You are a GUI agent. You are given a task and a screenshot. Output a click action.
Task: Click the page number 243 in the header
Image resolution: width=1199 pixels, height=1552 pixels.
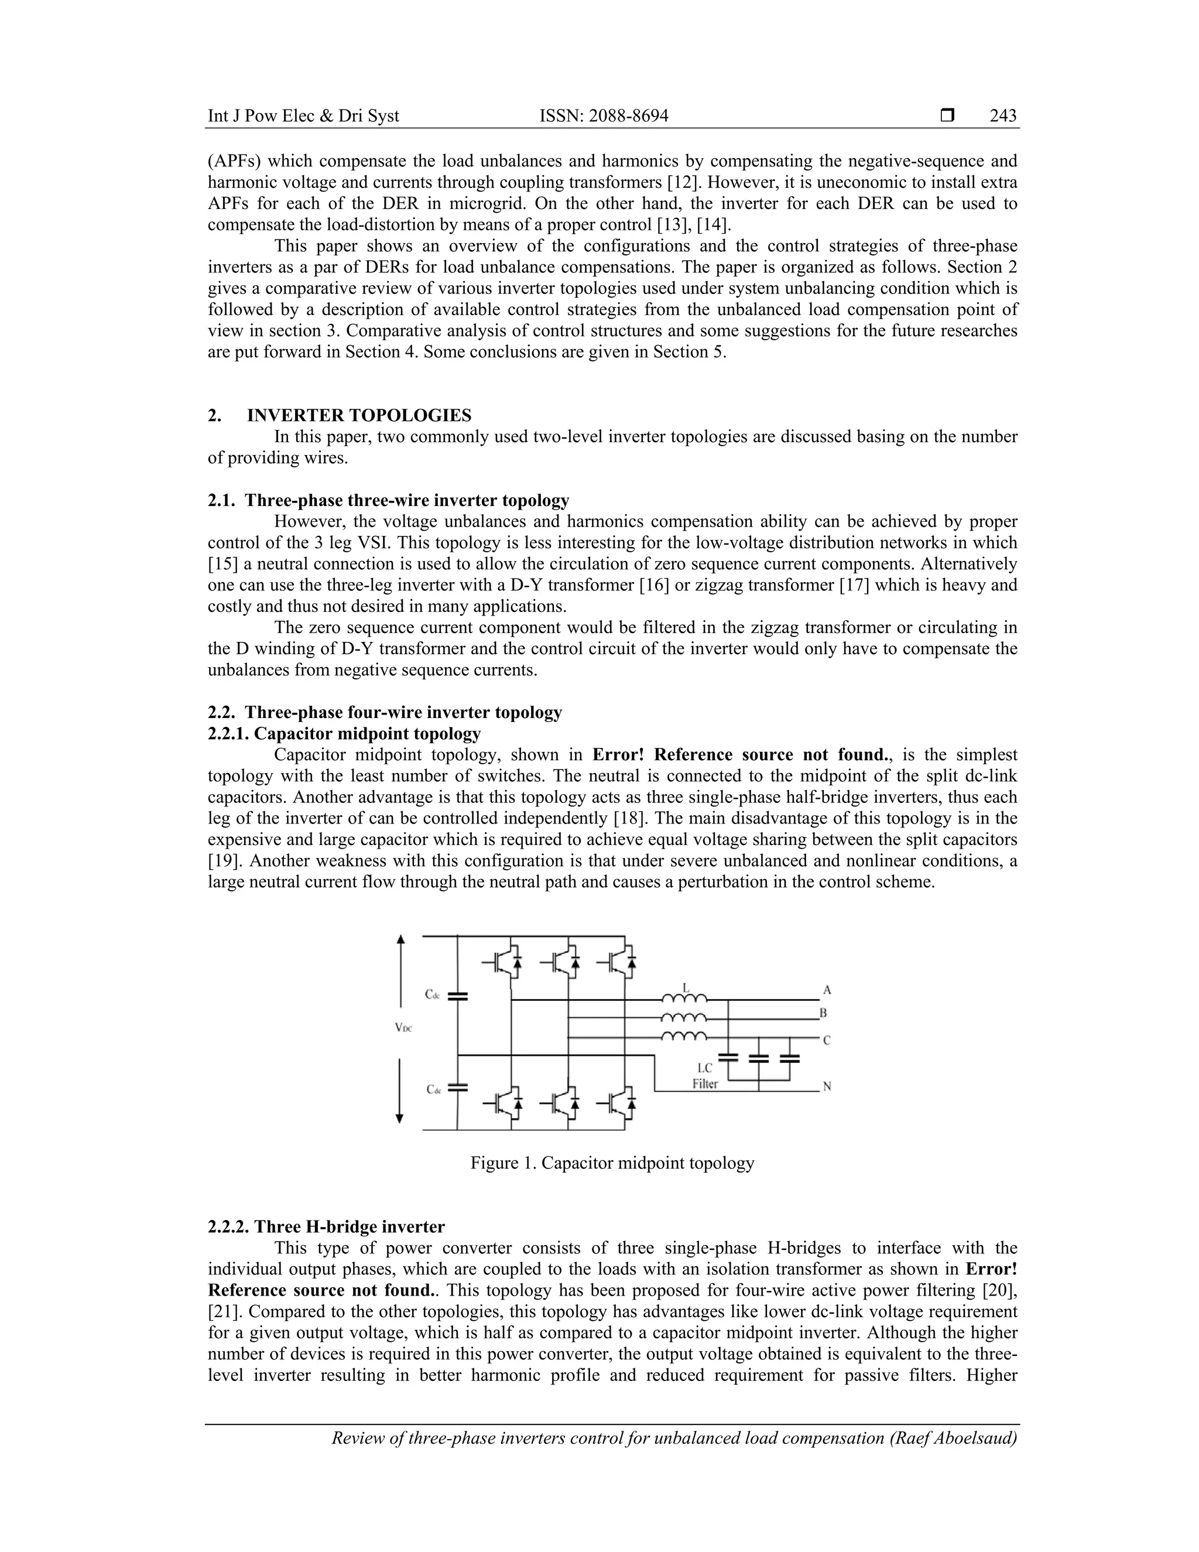click(1003, 116)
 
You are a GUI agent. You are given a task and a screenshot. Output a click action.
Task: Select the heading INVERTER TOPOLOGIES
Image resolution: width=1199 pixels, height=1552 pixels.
click(359, 415)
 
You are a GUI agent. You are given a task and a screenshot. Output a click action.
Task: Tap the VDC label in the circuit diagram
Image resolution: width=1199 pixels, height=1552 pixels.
click(403, 1028)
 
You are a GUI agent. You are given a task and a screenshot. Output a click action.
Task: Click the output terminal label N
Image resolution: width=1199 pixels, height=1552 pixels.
click(827, 1086)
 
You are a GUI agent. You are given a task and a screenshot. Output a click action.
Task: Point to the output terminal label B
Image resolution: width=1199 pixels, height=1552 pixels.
click(823, 1013)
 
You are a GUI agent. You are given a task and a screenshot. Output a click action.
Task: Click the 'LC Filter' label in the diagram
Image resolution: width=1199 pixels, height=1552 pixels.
click(705, 1076)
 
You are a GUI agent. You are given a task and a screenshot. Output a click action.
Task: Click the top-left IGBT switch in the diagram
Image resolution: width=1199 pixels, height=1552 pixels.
click(505, 963)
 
